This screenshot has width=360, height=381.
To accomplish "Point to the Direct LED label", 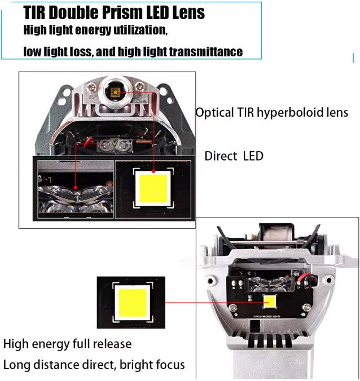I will (x=234, y=156).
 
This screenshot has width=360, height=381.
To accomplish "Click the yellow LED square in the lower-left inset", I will (x=131, y=302).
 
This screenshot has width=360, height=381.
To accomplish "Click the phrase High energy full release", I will (x=67, y=343).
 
